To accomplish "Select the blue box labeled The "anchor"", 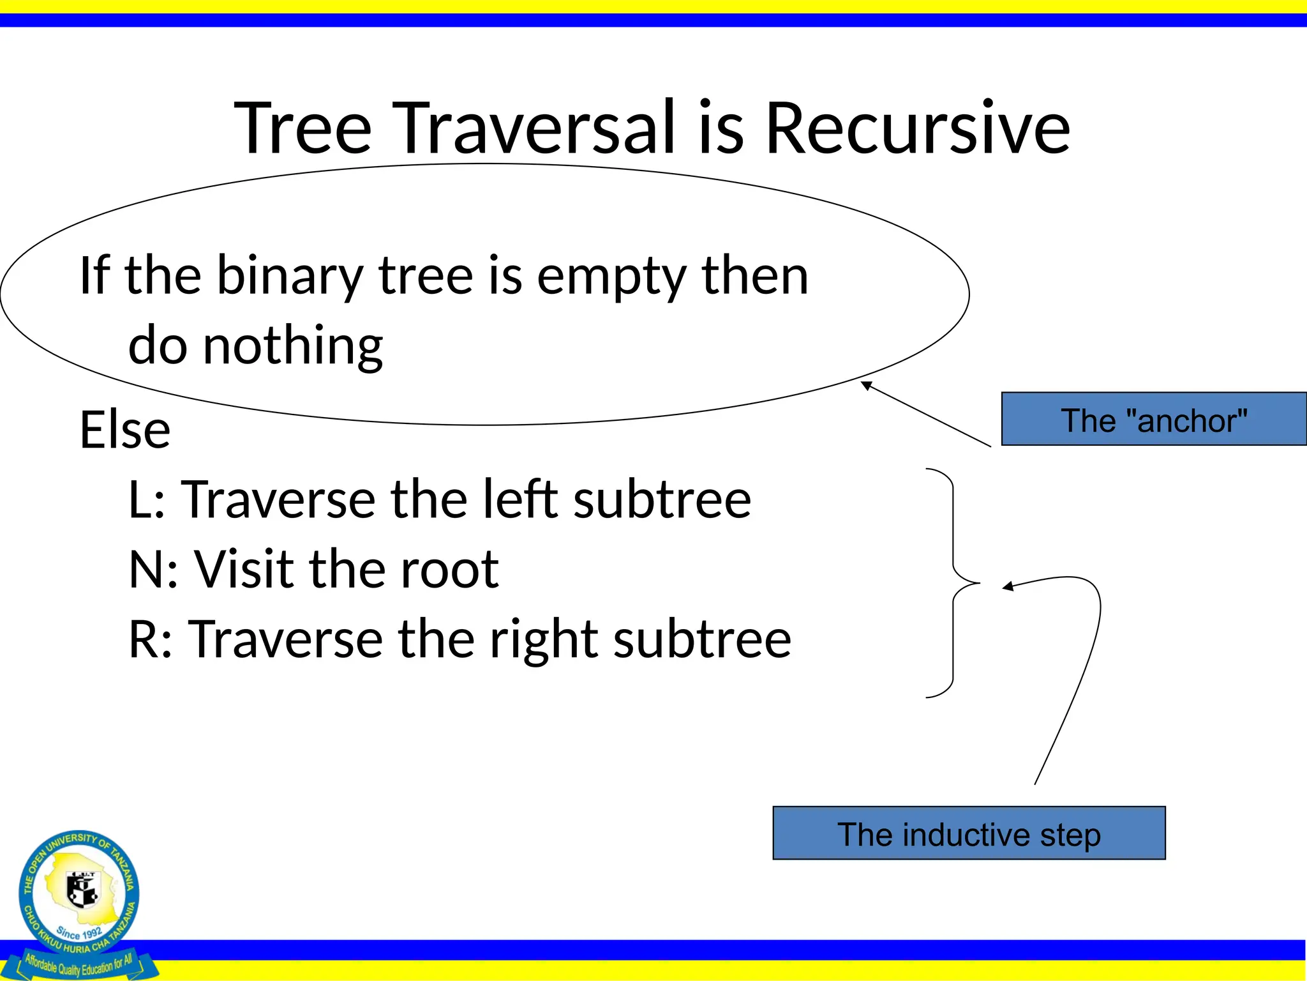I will coord(1154,420).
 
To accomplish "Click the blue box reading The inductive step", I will coord(969,833).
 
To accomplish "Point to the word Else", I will coord(125,429).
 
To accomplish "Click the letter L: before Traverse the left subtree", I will coord(147,499).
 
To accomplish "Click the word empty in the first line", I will coord(612,277).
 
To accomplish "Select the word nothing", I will coord(292,345).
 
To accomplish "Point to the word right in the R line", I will coord(544,640).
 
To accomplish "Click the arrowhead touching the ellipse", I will coord(866,385).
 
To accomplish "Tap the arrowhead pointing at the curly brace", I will coord(1007,586).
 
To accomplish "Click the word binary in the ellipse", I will coord(290,277).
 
